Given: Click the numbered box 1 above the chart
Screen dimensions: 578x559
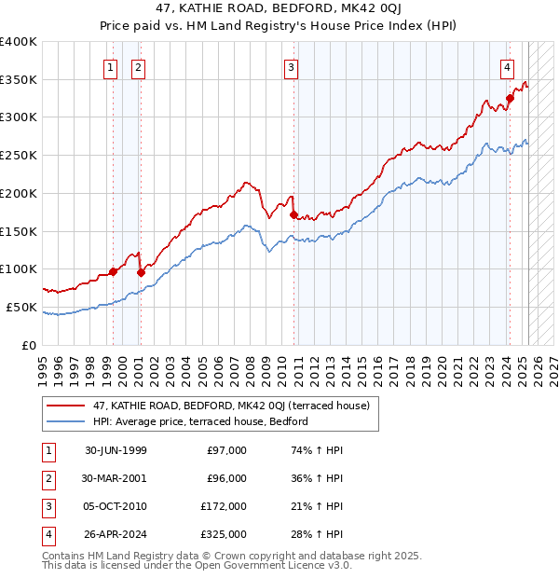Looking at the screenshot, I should [x=111, y=66].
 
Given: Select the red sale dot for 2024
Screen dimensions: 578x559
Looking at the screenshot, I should [x=511, y=98].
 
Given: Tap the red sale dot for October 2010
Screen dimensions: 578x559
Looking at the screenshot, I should [x=293, y=214].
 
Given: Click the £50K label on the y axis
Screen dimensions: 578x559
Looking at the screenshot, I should [x=22, y=307].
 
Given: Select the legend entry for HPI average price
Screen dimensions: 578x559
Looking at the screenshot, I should [x=200, y=422].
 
